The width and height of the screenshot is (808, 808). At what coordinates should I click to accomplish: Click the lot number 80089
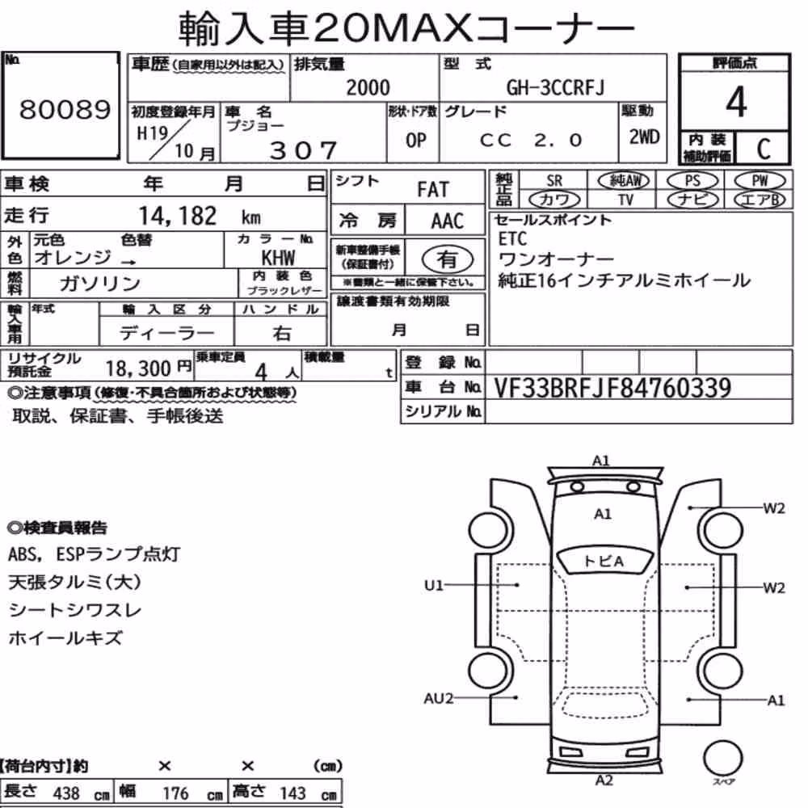[65, 109]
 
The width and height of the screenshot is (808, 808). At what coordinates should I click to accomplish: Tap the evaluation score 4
[736, 102]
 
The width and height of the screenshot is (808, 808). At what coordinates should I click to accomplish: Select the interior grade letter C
[764, 149]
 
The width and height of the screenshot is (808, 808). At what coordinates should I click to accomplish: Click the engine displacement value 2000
[368, 87]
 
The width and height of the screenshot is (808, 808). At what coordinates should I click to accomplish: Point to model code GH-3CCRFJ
[555, 87]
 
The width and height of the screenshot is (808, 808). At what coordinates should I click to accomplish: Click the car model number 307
[304, 150]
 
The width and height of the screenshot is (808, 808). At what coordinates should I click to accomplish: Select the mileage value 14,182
[177, 216]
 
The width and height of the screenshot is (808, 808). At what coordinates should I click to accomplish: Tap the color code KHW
[278, 257]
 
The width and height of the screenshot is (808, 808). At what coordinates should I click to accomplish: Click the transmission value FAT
[433, 190]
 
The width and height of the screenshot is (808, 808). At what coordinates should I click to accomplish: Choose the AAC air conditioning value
[448, 221]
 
